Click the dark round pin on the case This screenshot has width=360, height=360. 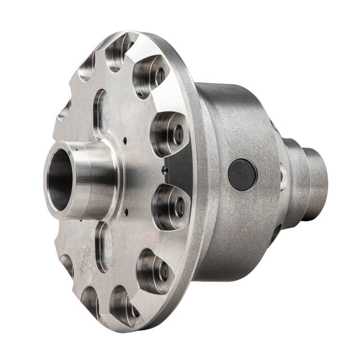(243, 174)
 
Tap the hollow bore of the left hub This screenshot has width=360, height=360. (60, 180)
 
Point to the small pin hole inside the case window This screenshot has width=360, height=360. (165, 170)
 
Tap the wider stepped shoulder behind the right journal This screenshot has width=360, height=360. (295, 180)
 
